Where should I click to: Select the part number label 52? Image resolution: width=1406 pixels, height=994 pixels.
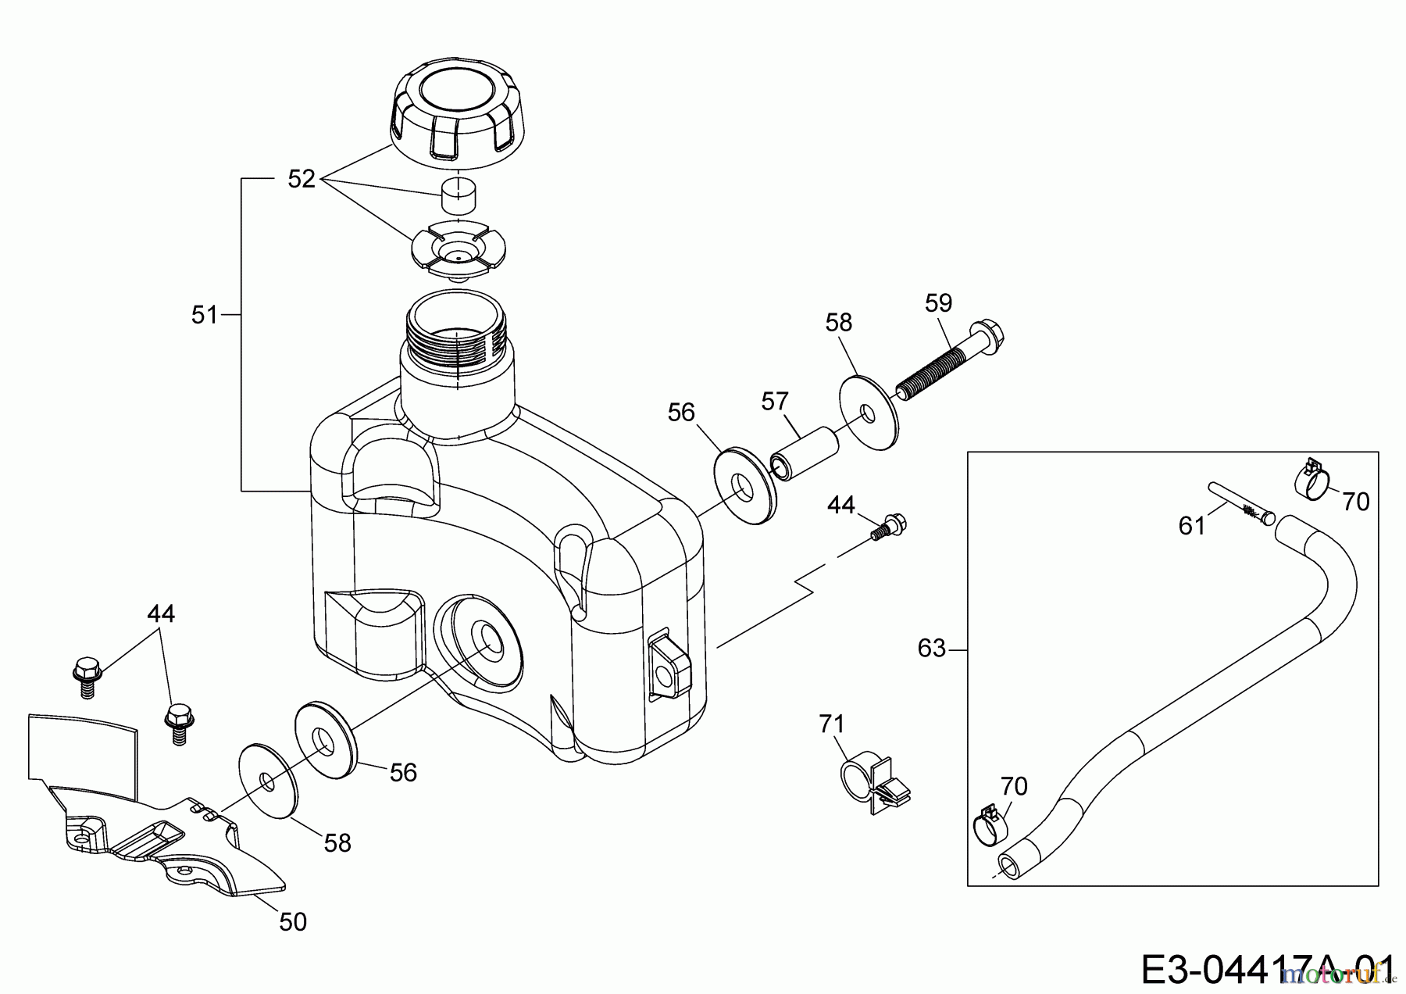click(302, 179)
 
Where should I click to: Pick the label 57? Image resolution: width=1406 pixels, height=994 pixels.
click(775, 402)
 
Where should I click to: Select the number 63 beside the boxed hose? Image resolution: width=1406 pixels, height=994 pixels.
click(932, 648)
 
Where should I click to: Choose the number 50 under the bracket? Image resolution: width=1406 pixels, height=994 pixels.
click(293, 922)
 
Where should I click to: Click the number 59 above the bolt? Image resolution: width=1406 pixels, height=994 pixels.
click(938, 302)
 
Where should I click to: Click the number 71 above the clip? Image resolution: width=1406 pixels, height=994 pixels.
click(832, 724)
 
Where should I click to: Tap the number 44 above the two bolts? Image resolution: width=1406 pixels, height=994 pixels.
click(161, 613)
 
